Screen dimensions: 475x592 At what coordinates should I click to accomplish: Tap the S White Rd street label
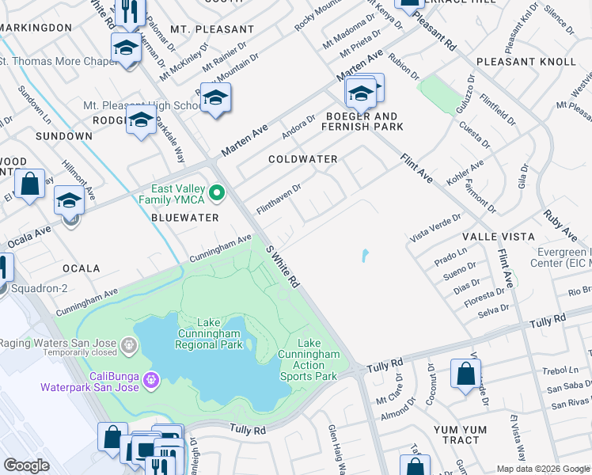(x=283, y=266)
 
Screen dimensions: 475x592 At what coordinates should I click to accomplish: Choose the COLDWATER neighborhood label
(x=302, y=159)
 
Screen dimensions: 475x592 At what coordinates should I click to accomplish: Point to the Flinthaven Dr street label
(x=279, y=199)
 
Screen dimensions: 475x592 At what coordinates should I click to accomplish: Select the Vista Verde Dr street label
(x=435, y=227)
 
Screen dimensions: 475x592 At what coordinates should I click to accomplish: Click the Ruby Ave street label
(x=559, y=225)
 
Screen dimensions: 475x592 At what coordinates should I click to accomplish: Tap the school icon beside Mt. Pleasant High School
(x=214, y=98)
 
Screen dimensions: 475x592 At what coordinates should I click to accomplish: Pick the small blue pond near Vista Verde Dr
(x=365, y=256)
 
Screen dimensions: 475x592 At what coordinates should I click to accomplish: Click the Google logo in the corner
(x=27, y=465)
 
